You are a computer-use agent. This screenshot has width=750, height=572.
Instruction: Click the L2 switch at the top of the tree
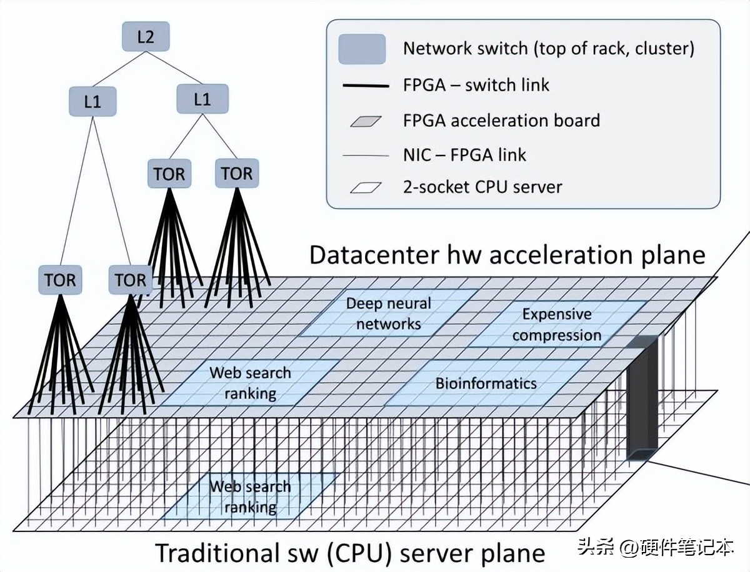145,37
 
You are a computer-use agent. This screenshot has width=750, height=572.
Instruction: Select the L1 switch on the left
92,101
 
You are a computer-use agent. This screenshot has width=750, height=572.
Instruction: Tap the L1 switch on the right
202,99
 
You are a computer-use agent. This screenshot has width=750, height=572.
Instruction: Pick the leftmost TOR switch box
60,280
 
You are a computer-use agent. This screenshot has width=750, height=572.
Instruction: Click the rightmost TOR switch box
237,174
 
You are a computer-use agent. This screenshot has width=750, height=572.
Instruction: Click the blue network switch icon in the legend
362,49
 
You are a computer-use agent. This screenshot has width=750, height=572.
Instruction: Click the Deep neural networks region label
388,313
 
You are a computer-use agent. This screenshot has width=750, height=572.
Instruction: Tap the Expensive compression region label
556,325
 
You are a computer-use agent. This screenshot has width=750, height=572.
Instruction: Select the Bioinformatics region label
486,383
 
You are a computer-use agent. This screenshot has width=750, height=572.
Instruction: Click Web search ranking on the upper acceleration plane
250,383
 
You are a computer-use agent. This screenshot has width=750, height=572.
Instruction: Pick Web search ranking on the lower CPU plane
250,496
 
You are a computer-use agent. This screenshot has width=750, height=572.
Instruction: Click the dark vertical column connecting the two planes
642,400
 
